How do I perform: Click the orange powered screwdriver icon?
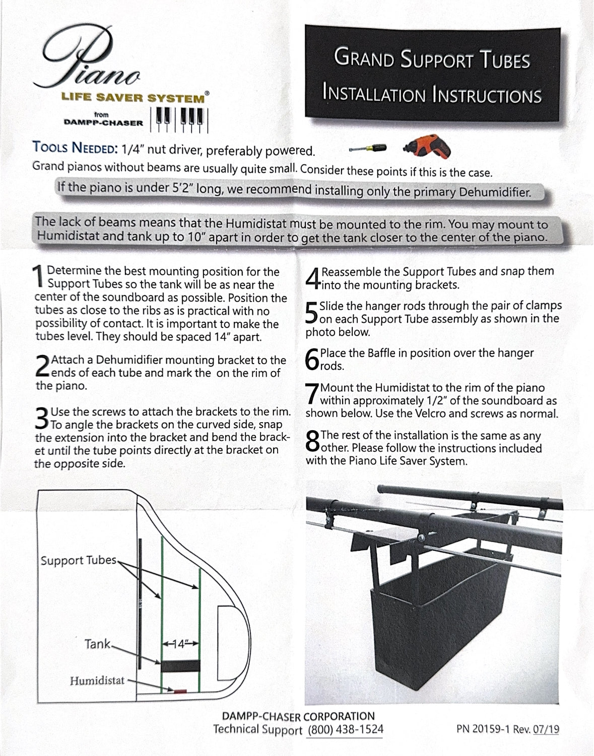coord(427,147)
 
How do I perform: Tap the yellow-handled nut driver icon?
coord(367,148)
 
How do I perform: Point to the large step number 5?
coord(312,312)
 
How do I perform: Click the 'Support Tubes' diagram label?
coord(79,560)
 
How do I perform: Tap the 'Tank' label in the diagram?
coord(98,644)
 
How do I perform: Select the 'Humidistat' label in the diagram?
coord(97,680)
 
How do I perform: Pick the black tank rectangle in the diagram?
coord(180,666)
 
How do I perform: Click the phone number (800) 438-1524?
coord(345,729)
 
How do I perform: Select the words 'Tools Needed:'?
coord(75,148)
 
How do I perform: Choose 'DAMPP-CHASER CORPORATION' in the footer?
coord(298,716)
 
